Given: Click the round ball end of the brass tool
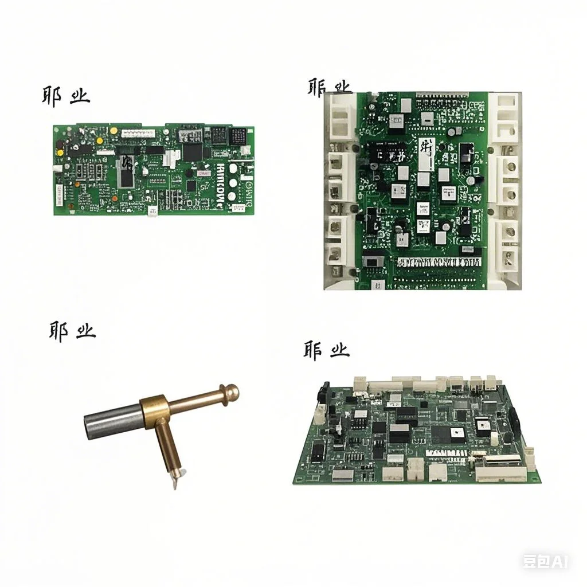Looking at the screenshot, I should click(x=231, y=392).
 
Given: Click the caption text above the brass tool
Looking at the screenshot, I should click(x=72, y=331).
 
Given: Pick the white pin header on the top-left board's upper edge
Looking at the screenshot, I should click(x=138, y=132).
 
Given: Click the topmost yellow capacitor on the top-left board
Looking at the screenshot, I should click(x=114, y=131).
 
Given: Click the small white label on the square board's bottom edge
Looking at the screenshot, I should click(x=378, y=284).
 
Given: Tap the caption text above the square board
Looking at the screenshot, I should click(x=329, y=87).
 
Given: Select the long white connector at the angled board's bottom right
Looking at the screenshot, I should click(x=500, y=473).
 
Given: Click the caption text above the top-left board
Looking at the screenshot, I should click(x=65, y=95).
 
